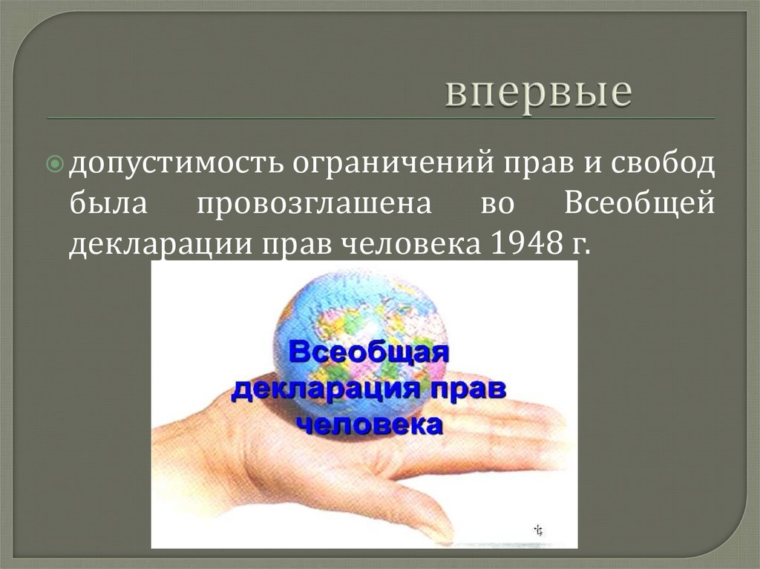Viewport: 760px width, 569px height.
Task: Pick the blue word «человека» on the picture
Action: pos(370,425)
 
